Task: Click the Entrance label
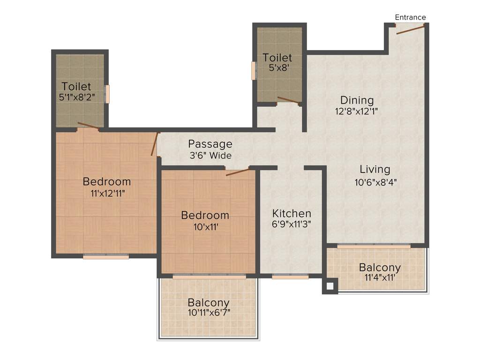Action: click(410, 17)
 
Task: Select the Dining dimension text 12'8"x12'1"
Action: click(357, 112)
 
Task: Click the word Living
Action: click(375, 169)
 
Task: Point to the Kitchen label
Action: click(292, 214)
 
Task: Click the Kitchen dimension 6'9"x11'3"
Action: click(292, 224)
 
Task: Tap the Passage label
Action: click(210, 144)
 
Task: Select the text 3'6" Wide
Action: click(210, 155)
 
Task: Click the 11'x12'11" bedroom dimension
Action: click(107, 193)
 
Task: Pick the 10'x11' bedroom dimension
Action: click(205, 227)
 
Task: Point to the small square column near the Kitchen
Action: click(330, 286)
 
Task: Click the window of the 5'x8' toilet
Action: click(254, 70)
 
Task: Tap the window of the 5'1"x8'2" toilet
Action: click(107, 94)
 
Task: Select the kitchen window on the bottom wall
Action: click(290, 277)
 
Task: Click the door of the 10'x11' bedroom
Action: click(237, 172)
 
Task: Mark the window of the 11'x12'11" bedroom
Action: click(106, 256)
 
